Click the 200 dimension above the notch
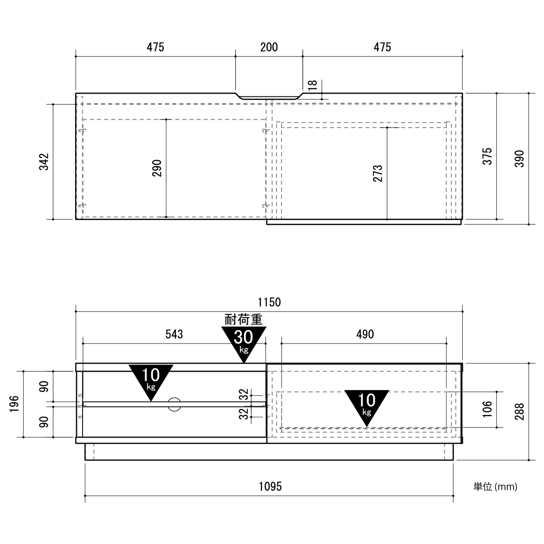point(269,47)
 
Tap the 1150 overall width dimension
point(269,302)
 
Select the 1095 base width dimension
point(270,486)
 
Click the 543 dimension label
point(174,334)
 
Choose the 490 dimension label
point(365,334)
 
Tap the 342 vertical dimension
point(44,162)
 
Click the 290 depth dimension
point(157,168)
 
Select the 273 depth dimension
point(378,173)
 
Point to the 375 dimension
point(487,156)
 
